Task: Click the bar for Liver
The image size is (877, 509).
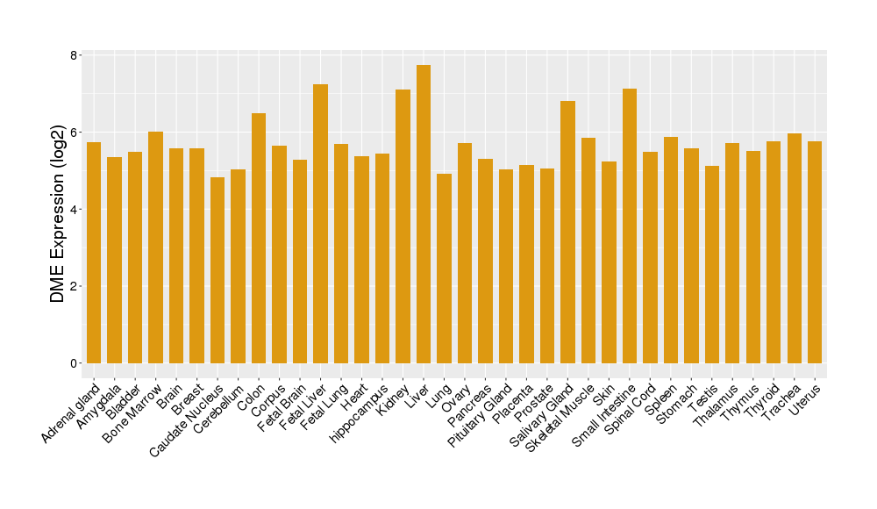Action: pyautogui.click(x=424, y=214)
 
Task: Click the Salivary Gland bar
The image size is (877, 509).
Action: pyautogui.click(x=567, y=232)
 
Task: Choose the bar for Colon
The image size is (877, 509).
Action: pyautogui.click(x=259, y=238)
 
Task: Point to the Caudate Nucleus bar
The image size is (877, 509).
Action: pyautogui.click(x=217, y=270)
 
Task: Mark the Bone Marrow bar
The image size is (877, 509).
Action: pyautogui.click(x=155, y=247)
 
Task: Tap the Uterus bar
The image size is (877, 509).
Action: pyautogui.click(x=815, y=252)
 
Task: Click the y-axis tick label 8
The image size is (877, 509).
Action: pyautogui.click(x=75, y=55)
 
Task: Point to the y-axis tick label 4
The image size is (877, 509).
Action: pyautogui.click(x=75, y=209)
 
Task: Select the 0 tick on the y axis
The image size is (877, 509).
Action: pyautogui.click(x=75, y=363)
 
